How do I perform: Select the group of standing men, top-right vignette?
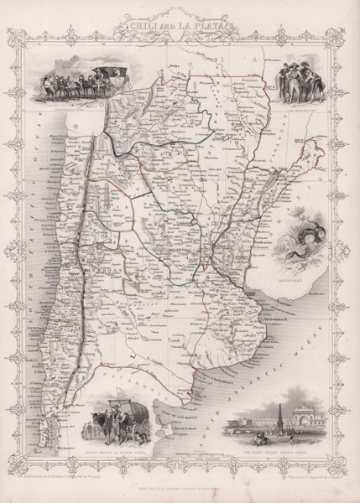[x=299, y=84]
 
